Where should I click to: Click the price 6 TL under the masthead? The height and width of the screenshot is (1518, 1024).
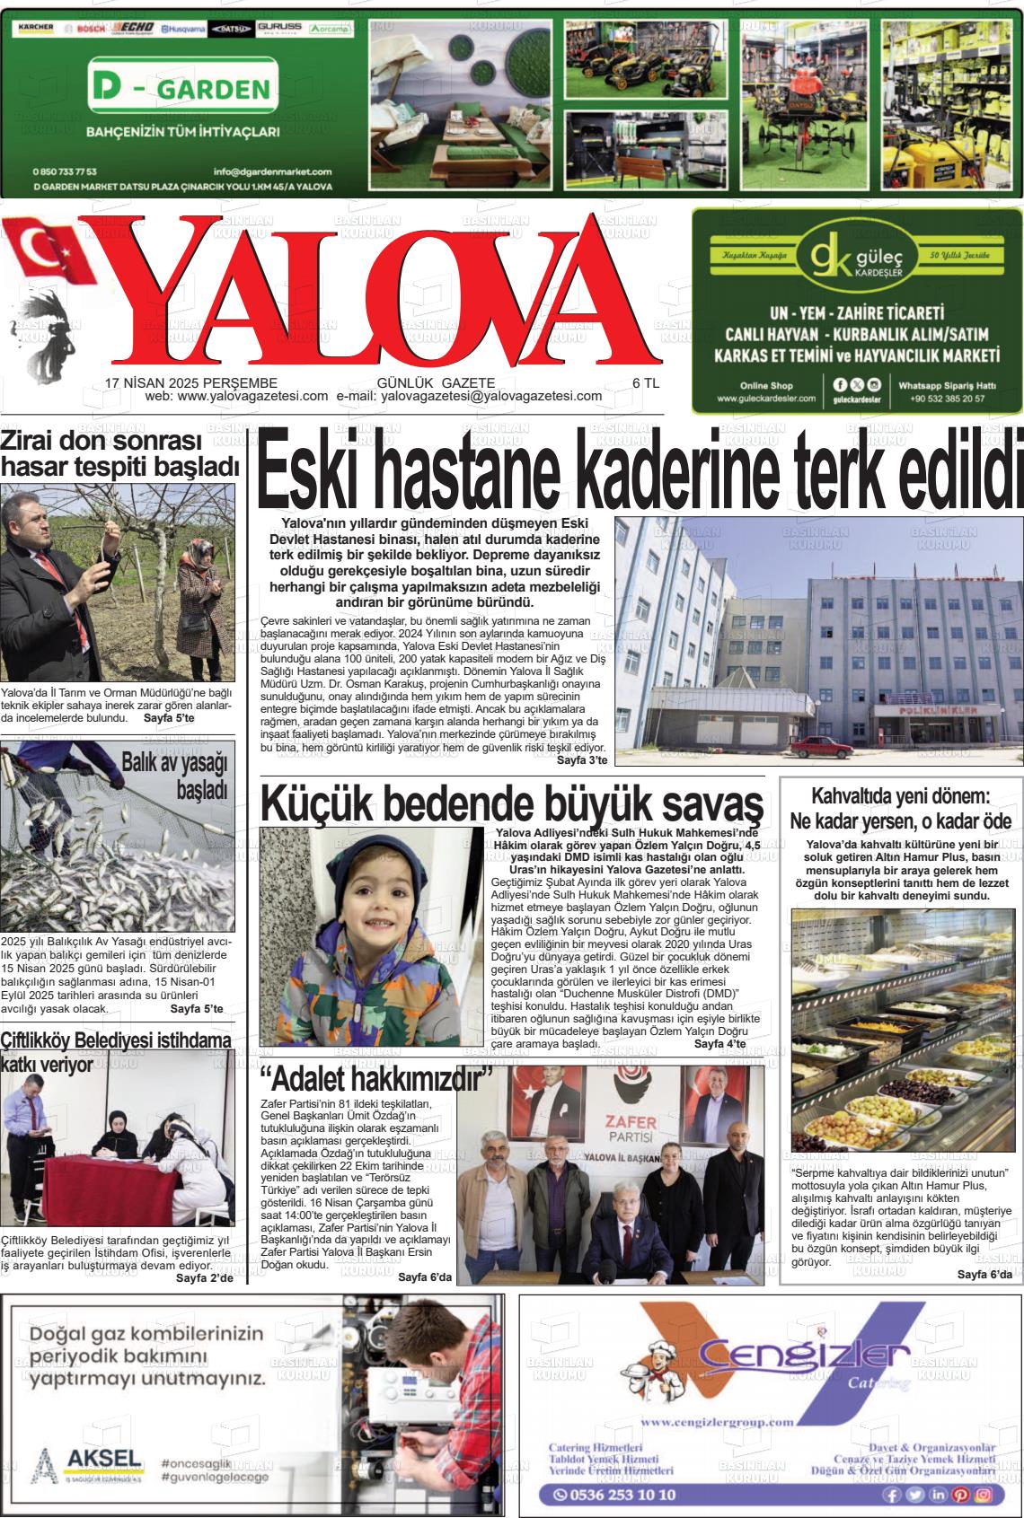click(x=646, y=382)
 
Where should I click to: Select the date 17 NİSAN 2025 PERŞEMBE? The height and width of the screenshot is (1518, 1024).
click(x=191, y=382)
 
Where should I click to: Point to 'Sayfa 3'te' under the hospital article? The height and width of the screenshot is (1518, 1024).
click(x=582, y=760)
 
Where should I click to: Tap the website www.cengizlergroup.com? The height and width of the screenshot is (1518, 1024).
click(x=718, y=1422)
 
